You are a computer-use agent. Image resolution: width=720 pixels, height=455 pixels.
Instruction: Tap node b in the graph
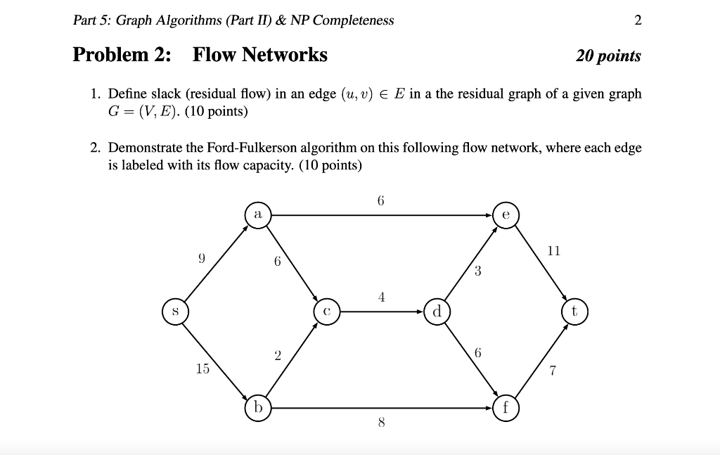click(x=258, y=407)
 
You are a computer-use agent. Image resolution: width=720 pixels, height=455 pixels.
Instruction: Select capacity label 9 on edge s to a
click(x=202, y=258)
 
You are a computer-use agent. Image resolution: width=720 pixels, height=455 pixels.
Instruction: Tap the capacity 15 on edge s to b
click(x=202, y=368)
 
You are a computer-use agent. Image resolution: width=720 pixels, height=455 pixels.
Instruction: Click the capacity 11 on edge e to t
click(x=554, y=250)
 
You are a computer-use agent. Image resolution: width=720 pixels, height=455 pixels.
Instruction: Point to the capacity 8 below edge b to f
click(x=381, y=423)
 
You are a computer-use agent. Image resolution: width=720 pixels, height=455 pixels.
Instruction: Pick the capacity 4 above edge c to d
click(x=381, y=297)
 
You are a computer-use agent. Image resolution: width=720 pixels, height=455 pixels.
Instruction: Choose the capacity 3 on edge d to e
click(x=477, y=272)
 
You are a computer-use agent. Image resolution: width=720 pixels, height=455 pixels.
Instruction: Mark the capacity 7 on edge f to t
click(x=553, y=371)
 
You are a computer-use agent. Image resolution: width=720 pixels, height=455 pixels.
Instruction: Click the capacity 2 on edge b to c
click(x=278, y=356)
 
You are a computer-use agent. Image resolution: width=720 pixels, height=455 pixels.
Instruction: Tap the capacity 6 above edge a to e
click(x=381, y=200)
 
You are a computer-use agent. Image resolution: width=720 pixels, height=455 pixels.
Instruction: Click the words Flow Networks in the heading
click(x=260, y=55)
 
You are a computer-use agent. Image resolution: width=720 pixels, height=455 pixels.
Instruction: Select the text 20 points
click(x=608, y=56)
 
